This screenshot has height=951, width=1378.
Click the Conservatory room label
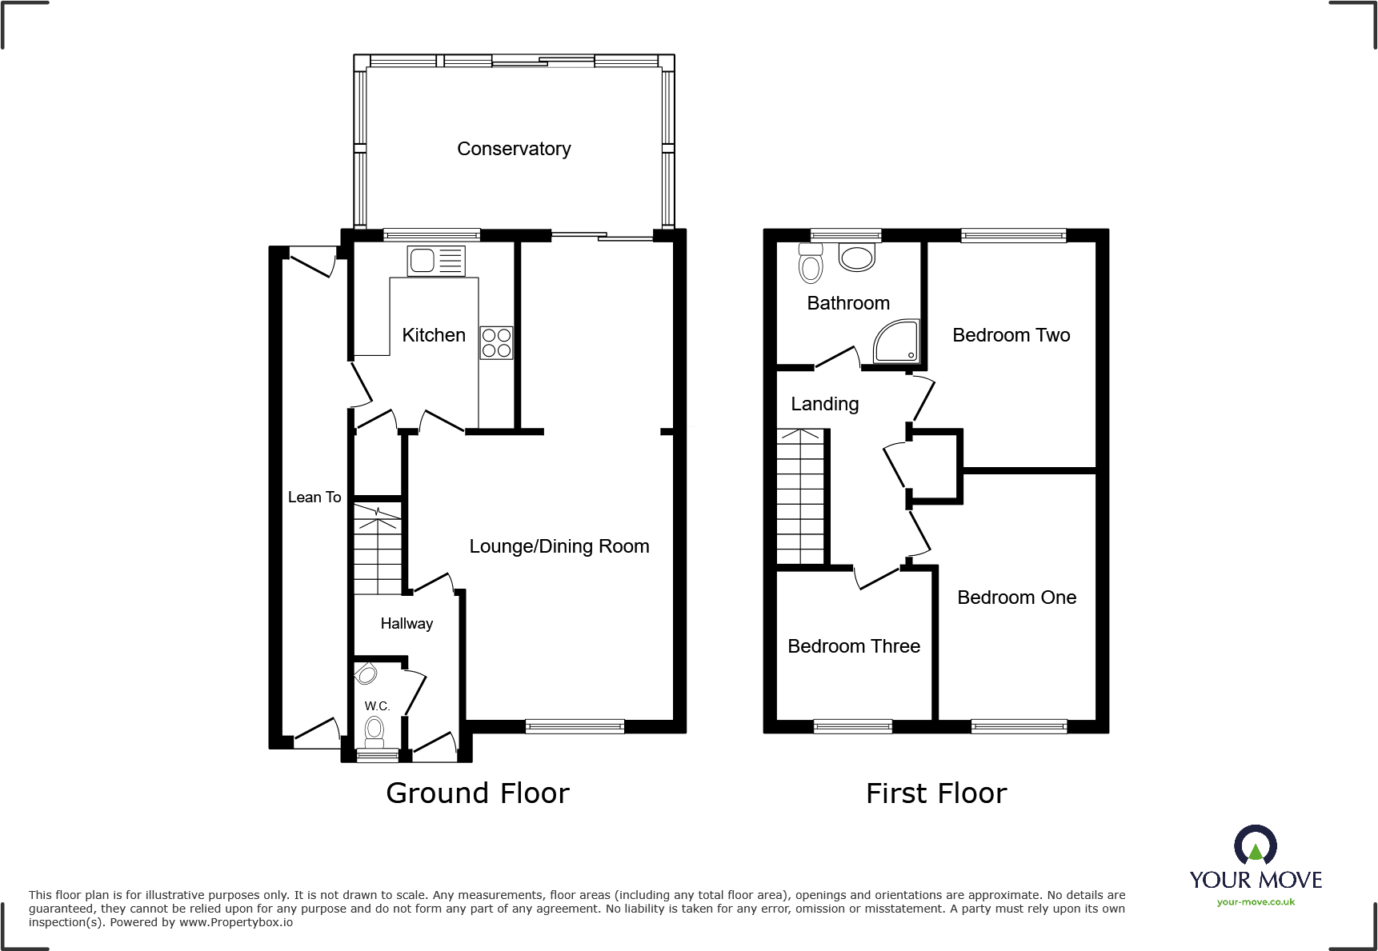[x=514, y=149]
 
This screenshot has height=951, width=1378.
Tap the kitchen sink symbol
[x=435, y=261]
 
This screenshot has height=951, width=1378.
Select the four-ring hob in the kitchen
[x=496, y=343]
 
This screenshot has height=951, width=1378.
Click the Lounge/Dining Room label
[x=559, y=546]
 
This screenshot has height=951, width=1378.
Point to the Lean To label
[x=314, y=497]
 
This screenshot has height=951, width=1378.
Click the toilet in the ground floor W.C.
[x=374, y=730]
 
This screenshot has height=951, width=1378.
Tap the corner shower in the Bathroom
[x=896, y=342]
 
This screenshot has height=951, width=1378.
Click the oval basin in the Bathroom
[x=857, y=257]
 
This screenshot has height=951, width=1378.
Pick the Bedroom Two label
[x=1011, y=335]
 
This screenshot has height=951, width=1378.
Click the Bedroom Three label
[x=854, y=646]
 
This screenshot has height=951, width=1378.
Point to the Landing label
[x=824, y=404]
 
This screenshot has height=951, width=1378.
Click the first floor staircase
[x=800, y=497]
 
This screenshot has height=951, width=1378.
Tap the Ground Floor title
[x=478, y=793]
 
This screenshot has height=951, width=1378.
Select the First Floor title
[x=936, y=793]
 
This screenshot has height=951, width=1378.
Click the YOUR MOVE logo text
[x=1255, y=880]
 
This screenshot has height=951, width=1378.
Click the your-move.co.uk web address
[x=1255, y=902]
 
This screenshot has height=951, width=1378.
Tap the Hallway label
[x=407, y=624]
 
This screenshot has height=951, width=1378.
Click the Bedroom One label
[x=1016, y=597]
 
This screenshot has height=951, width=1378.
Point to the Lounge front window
[x=575, y=726]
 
